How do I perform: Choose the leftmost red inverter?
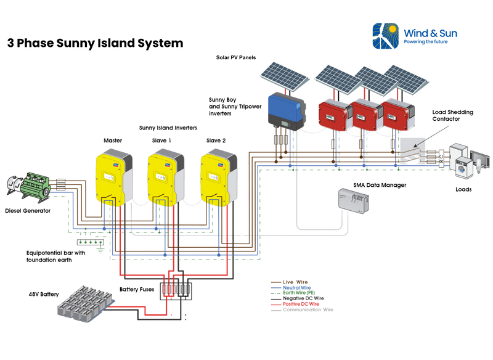[x=333, y=112]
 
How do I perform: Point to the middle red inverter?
[x=365, y=112]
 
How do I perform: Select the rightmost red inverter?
[x=397, y=112]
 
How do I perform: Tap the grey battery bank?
[x=83, y=303]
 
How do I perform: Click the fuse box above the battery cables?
[x=176, y=288]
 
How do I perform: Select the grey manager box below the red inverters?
[x=352, y=199]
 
